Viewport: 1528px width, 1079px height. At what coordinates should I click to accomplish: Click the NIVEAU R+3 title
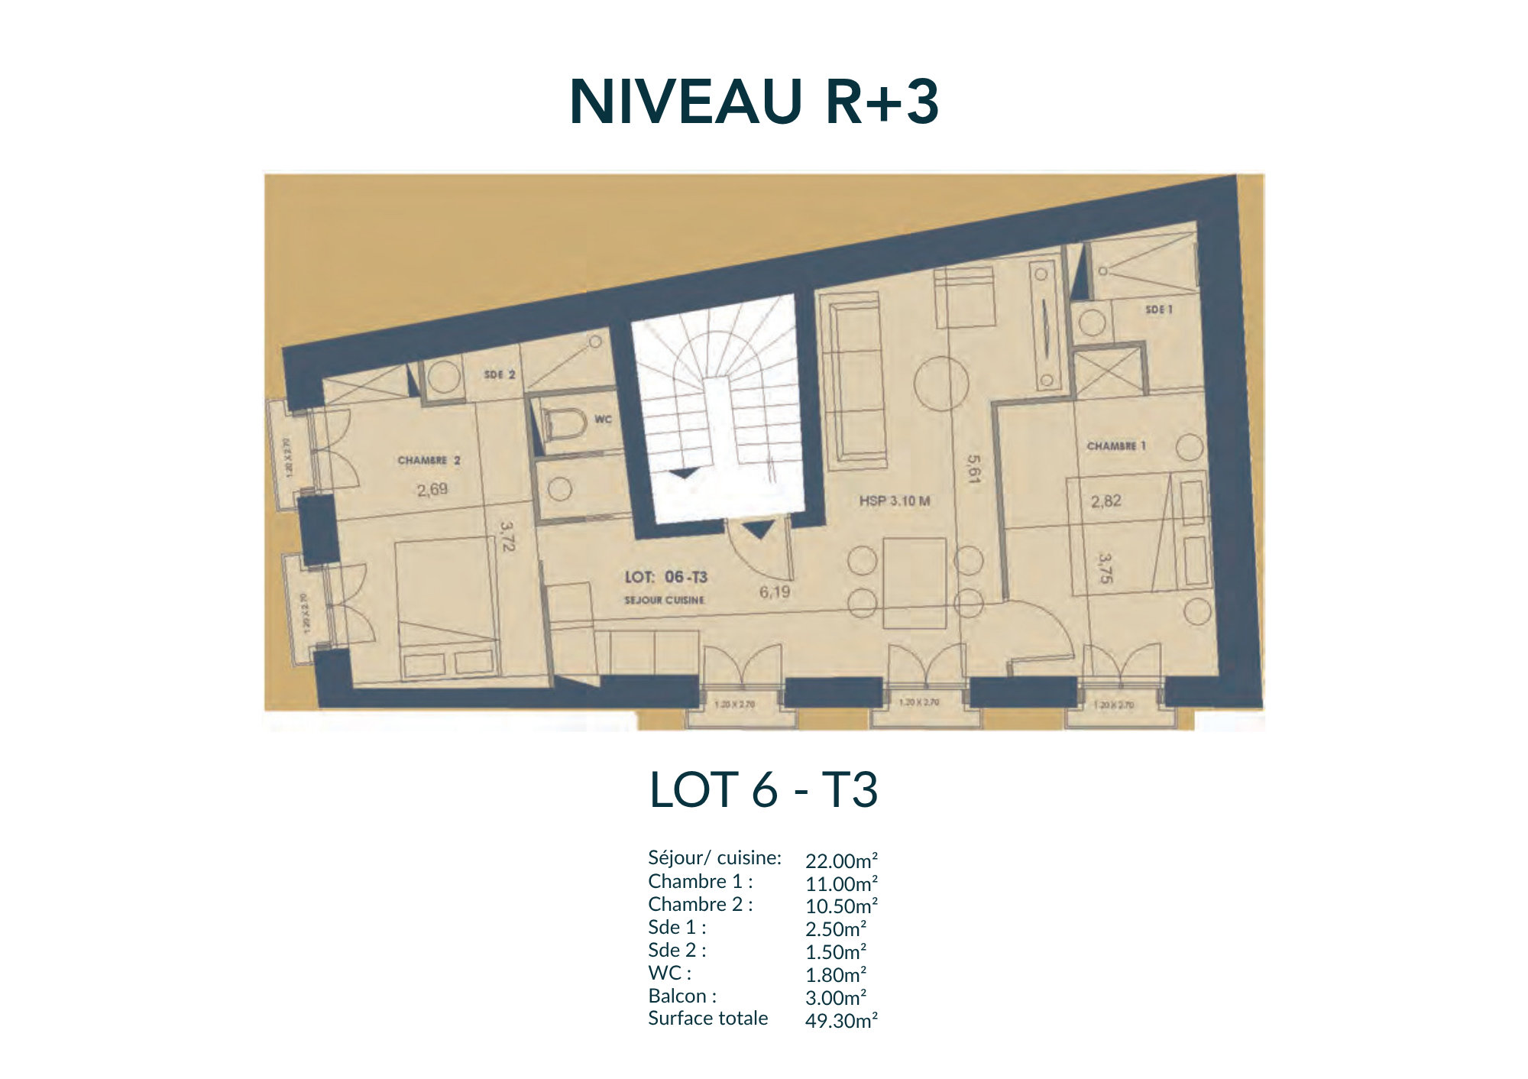click(x=754, y=102)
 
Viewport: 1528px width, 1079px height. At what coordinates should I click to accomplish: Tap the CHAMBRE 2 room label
click(x=429, y=460)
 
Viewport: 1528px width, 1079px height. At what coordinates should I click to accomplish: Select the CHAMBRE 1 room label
click(x=1116, y=446)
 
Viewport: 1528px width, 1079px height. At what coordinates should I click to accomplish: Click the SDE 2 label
click(x=500, y=374)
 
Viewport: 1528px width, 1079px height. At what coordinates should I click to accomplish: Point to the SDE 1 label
click(x=1158, y=309)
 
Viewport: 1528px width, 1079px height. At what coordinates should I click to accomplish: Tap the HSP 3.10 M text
click(x=895, y=501)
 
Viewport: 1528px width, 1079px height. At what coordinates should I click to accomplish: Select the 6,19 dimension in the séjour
click(x=775, y=591)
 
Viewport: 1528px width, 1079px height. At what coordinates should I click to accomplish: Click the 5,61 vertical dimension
click(x=973, y=469)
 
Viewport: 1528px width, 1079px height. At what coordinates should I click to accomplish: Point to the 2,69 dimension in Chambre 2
click(x=432, y=489)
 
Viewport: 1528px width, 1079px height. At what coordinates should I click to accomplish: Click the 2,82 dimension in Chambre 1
click(x=1106, y=501)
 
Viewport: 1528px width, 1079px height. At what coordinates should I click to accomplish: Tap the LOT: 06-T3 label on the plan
click(x=666, y=577)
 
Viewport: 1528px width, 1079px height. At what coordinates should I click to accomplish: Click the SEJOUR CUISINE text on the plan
click(x=664, y=600)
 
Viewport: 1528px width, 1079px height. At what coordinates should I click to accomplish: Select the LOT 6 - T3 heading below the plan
click(x=763, y=789)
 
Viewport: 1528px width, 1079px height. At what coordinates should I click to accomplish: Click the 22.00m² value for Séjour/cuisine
click(x=841, y=861)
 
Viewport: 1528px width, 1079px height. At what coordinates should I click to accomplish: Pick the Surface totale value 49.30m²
click(x=841, y=1021)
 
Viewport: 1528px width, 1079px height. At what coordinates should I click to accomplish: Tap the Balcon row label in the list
click(x=682, y=996)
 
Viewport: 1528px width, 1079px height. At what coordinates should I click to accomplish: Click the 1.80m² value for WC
click(x=835, y=975)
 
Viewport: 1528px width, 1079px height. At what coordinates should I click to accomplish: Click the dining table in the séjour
click(x=915, y=582)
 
